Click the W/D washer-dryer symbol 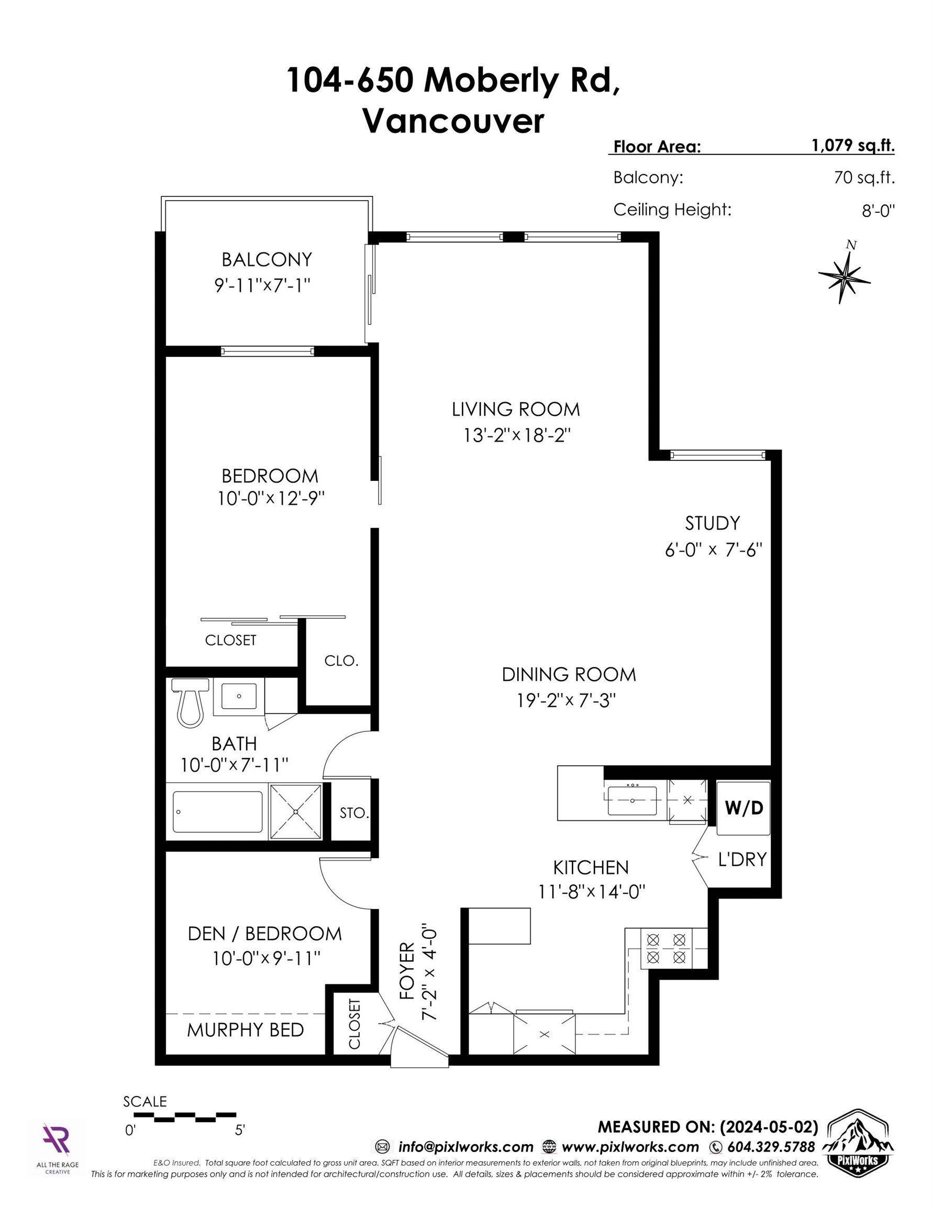[x=743, y=808]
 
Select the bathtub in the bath [x=218, y=811]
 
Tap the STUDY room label [x=712, y=523]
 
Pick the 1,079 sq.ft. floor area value [x=852, y=146]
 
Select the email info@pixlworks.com [x=465, y=1147]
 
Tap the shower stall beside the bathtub [x=295, y=811]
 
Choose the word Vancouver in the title [x=453, y=121]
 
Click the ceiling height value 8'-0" [x=878, y=211]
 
